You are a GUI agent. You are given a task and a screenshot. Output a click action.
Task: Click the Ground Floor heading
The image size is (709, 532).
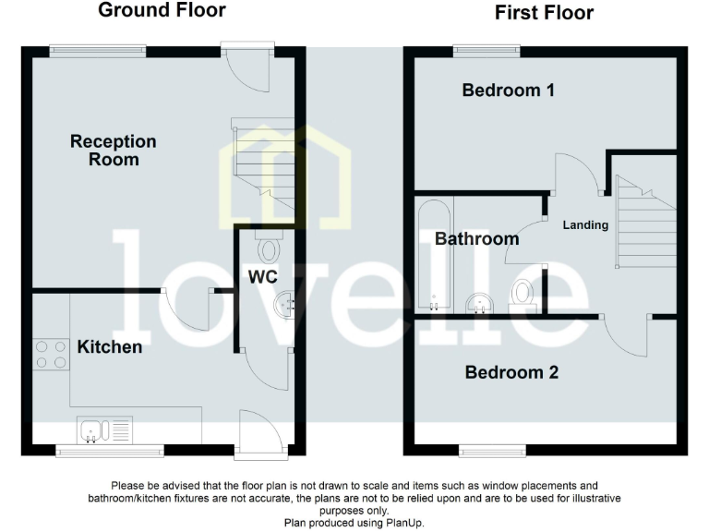point(162,11)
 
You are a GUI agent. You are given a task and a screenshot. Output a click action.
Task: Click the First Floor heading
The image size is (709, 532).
point(544,13)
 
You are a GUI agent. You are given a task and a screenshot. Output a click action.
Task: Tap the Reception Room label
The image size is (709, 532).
point(114,150)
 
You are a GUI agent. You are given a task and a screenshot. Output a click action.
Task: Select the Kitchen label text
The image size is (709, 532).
point(109,347)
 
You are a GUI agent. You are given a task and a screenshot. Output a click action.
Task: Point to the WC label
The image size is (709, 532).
point(262,276)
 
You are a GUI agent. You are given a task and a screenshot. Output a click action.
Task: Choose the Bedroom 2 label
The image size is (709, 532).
point(511,373)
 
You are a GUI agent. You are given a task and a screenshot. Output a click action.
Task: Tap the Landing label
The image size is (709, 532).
point(586,224)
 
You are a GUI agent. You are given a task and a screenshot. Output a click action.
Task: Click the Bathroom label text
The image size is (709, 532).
point(476,239)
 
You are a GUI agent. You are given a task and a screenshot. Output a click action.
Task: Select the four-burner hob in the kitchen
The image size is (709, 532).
point(51,355)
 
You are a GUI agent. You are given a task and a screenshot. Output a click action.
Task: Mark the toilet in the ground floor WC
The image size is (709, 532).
point(270,248)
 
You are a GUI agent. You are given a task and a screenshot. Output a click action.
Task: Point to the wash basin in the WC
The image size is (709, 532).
point(285,303)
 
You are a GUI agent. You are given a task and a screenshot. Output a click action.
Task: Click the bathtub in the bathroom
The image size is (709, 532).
point(431,257)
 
